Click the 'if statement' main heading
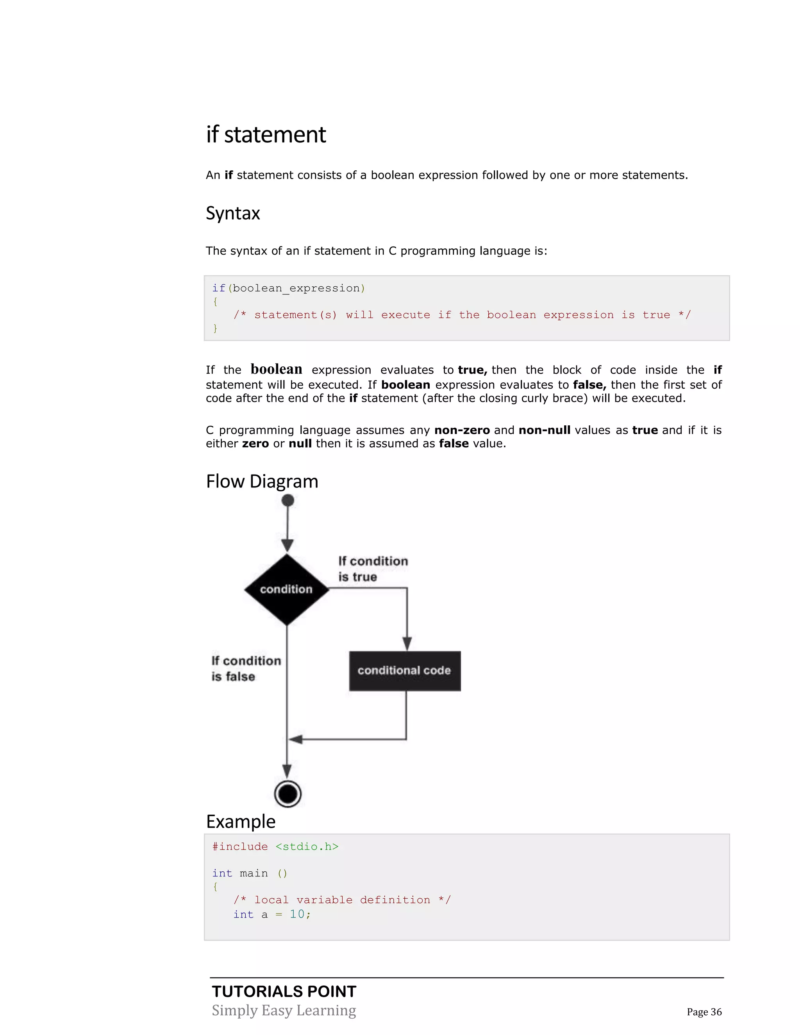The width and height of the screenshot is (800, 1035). [x=266, y=135]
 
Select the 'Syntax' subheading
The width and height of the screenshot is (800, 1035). [x=233, y=213]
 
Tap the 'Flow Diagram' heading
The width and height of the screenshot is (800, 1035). [x=262, y=482]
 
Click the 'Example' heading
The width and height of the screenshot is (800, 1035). [x=241, y=821]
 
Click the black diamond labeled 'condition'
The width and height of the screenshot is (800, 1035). [x=287, y=589]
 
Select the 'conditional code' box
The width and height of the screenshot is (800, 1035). [x=405, y=671]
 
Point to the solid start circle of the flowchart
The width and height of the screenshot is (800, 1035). [x=287, y=500]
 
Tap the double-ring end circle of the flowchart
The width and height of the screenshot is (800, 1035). [x=287, y=793]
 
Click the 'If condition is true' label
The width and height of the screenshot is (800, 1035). [x=373, y=569]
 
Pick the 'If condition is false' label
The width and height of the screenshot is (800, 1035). [x=246, y=668]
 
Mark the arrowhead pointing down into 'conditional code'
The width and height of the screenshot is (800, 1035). [x=407, y=644]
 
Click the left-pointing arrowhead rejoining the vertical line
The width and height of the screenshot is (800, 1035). [x=296, y=739]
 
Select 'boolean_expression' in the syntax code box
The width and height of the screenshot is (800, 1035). [x=296, y=288]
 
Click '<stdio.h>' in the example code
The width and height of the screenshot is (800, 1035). [x=307, y=846]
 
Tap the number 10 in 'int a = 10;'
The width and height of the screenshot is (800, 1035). [x=297, y=914]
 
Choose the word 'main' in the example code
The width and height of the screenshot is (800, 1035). [x=254, y=873]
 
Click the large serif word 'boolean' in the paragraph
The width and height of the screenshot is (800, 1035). [x=276, y=369]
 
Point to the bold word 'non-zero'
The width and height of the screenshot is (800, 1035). [x=462, y=430]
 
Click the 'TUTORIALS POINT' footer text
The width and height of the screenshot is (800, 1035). [x=284, y=991]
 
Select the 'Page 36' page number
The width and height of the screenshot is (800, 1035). [x=704, y=1012]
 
